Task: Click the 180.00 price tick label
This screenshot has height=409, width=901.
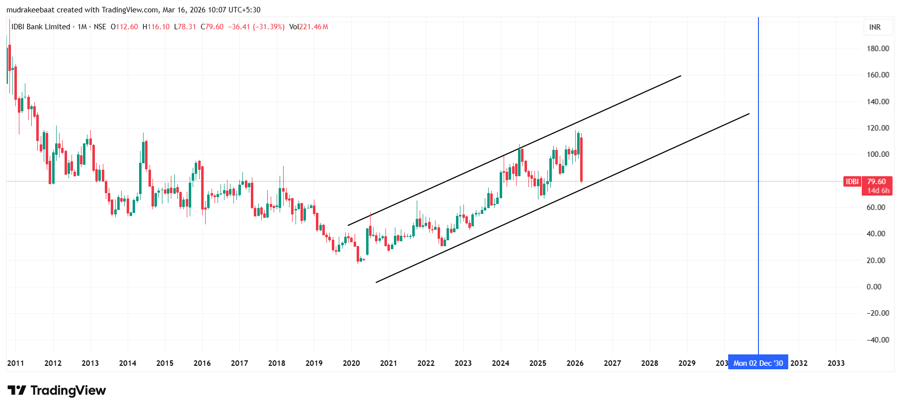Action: click(x=878, y=49)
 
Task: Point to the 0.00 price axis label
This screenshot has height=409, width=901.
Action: click(x=874, y=287)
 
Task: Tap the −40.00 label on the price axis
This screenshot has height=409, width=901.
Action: click(x=878, y=340)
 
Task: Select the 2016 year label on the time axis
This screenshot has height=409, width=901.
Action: click(x=202, y=363)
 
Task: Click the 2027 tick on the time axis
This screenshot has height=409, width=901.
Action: click(x=612, y=363)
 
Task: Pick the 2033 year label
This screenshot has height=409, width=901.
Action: click(x=836, y=363)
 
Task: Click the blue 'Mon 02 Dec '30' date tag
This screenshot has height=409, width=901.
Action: click(x=758, y=363)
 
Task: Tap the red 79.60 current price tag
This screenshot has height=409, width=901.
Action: click(x=877, y=182)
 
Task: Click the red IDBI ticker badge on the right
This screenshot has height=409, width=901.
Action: click(x=852, y=182)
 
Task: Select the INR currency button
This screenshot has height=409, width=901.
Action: click(x=875, y=27)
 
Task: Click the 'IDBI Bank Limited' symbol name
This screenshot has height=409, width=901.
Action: click(x=41, y=27)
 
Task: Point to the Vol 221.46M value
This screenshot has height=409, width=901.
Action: click(x=308, y=27)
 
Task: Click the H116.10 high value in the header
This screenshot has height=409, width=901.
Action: click(x=156, y=27)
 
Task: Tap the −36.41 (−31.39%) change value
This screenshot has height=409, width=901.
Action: click(x=256, y=27)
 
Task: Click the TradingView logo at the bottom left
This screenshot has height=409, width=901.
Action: click(x=57, y=391)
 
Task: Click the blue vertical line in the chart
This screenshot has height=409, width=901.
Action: click(x=758, y=149)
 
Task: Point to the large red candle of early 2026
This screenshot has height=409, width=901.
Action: click(x=581, y=159)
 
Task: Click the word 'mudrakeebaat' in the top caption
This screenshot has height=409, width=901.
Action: click(x=30, y=10)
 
